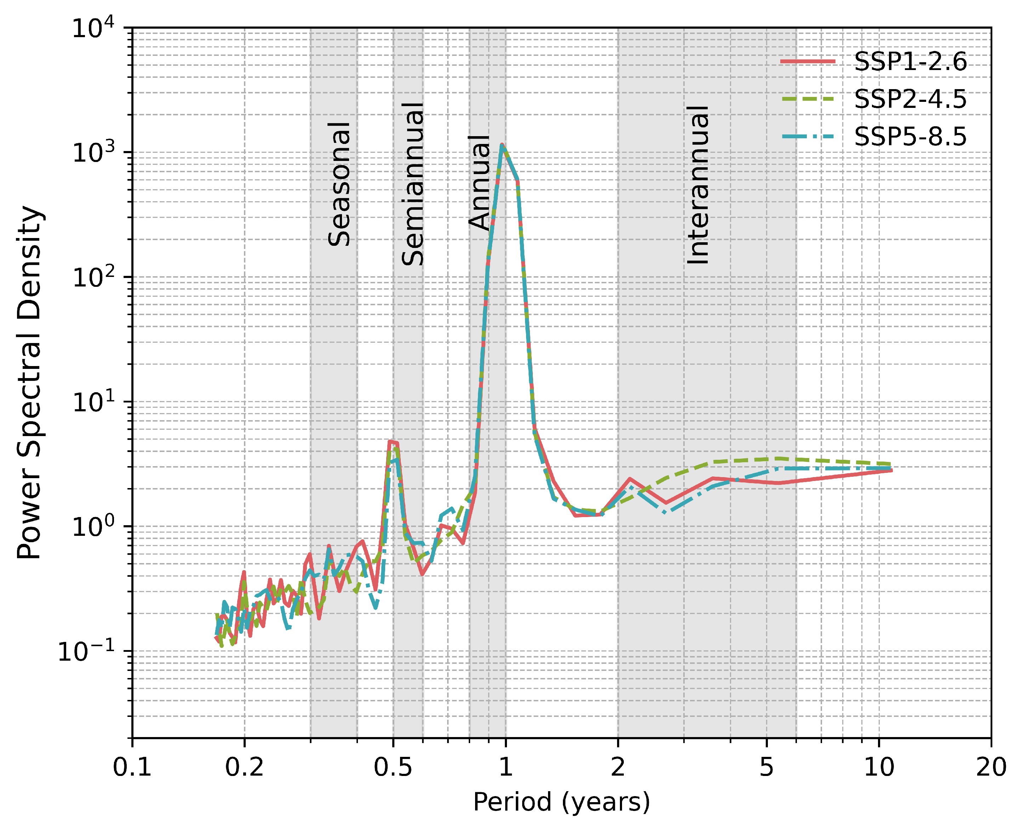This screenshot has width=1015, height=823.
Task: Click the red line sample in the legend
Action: (807, 62)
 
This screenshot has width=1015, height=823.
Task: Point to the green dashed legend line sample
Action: (807, 99)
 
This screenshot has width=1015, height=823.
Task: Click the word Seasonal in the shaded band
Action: (339, 184)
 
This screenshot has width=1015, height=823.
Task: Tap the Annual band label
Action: (479, 182)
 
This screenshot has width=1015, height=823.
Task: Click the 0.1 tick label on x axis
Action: (132, 766)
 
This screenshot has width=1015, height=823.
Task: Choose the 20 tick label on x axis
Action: (990, 766)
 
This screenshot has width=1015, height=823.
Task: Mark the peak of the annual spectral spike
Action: (502, 145)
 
